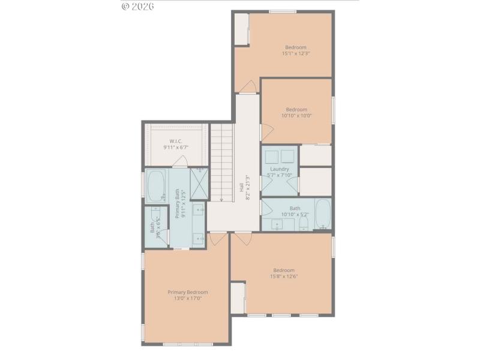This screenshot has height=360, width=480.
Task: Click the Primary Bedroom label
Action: [x=188, y=292]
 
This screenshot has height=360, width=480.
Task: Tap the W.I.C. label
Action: [x=176, y=141]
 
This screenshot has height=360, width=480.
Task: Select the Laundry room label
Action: [x=280, y=169]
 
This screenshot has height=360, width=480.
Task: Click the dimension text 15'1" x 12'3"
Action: [x=296, y=53]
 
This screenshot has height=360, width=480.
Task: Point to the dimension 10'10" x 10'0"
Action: [x=296, y=116]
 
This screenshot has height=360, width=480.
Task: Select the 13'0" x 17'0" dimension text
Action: [x=188, y=298]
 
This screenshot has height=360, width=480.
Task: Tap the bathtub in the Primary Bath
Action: [x=157, y=186]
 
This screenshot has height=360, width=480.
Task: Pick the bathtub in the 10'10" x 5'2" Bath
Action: [x=322, y=214]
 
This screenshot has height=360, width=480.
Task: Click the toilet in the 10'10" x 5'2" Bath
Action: [x=304, y=224]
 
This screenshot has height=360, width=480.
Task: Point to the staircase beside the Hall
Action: [x=221, y=162]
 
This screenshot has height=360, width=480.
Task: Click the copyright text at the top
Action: [x=138, y=6]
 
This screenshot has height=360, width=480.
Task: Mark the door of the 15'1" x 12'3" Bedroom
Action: [x=247, y=88]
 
